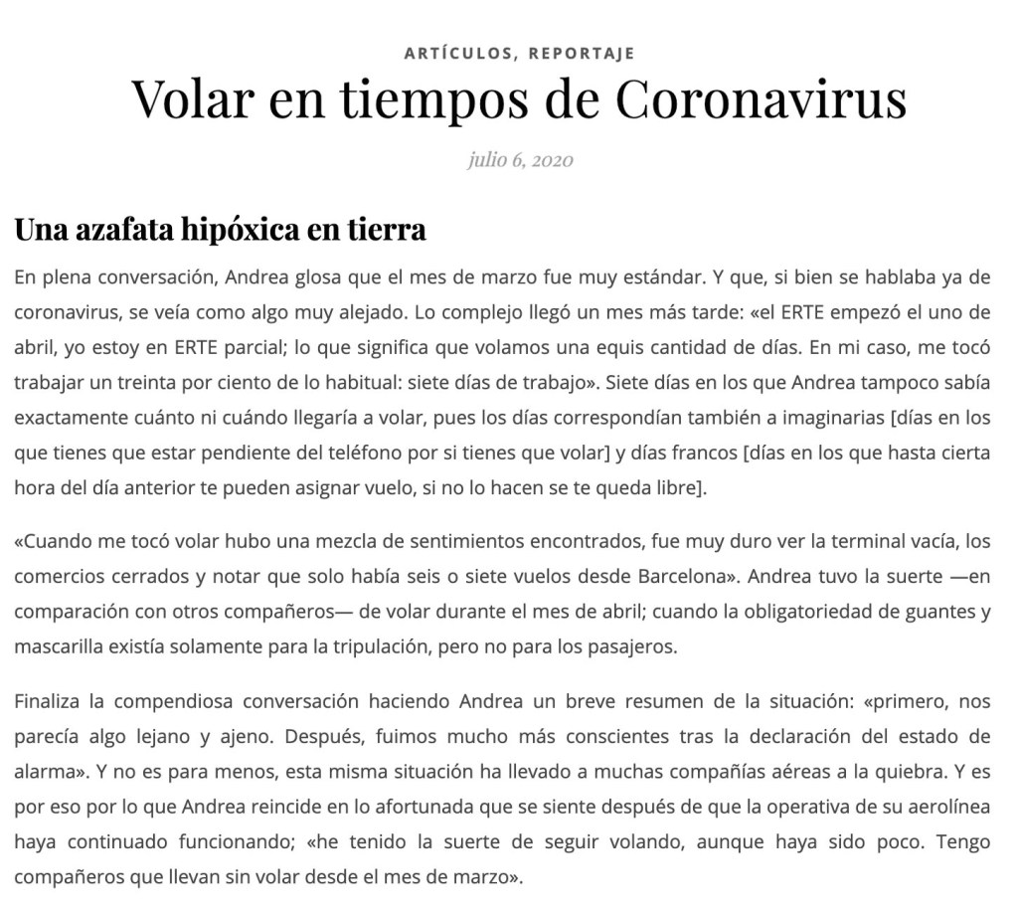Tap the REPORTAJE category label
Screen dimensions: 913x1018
(x=582, y=53)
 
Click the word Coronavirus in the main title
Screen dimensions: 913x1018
(x=761, y=97)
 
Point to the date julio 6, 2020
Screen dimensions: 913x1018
(x=520, y=159)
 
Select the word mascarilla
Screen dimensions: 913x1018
(x=57, y=647)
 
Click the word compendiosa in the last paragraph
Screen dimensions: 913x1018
(x=165, y=701)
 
